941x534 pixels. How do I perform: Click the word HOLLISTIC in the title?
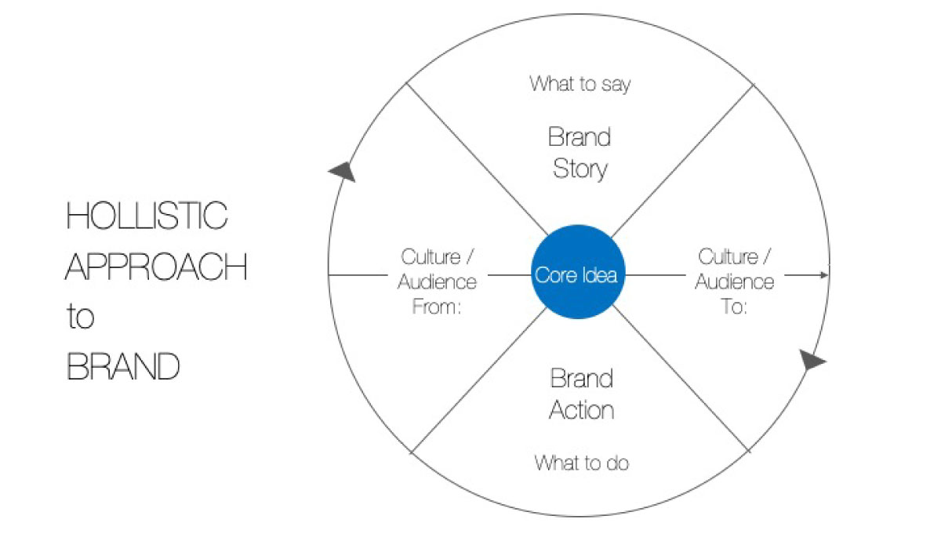[147, 216]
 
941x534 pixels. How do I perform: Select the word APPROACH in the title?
[156, 267]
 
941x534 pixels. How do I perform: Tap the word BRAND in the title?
[123, 367]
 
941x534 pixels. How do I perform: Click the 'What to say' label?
[579, 84]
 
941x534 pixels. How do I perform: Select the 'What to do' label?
[581, 463]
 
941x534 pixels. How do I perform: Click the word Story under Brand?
[580, 169]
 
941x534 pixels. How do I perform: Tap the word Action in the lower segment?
[581, 410]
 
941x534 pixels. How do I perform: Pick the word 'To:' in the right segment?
[734, 307]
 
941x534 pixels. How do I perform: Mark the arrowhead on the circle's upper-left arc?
[342, 171]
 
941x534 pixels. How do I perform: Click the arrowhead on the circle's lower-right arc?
[813, 361]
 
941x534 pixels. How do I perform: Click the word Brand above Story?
[579, 138]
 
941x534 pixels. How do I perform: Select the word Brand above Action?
[581, 380]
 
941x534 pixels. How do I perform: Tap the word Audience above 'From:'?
[438, 282]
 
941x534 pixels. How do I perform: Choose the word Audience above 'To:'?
[735, 282]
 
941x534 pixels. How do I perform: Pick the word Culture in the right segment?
[728, 257]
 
